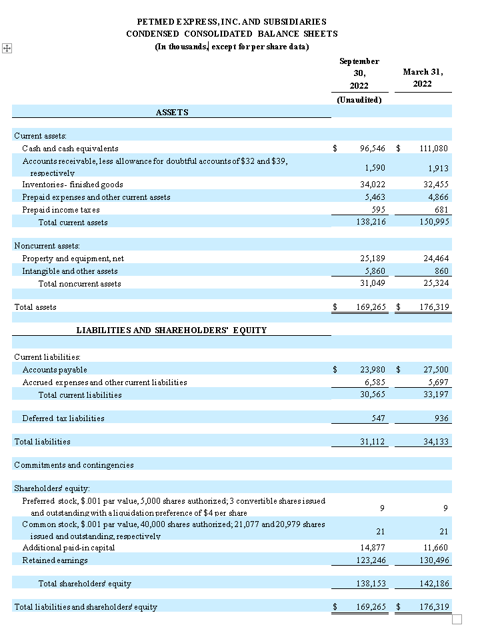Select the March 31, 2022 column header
(423, 77)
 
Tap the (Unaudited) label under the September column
(359, 100)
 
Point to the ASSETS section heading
(172, 113)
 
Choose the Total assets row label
(35, 307)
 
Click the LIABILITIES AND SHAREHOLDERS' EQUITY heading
(172, 330)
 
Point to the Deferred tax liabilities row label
(63, 418)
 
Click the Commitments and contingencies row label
(74, 464)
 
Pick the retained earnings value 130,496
(435, 560)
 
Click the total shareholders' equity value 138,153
(371, 584)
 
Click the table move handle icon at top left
(7, 49)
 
